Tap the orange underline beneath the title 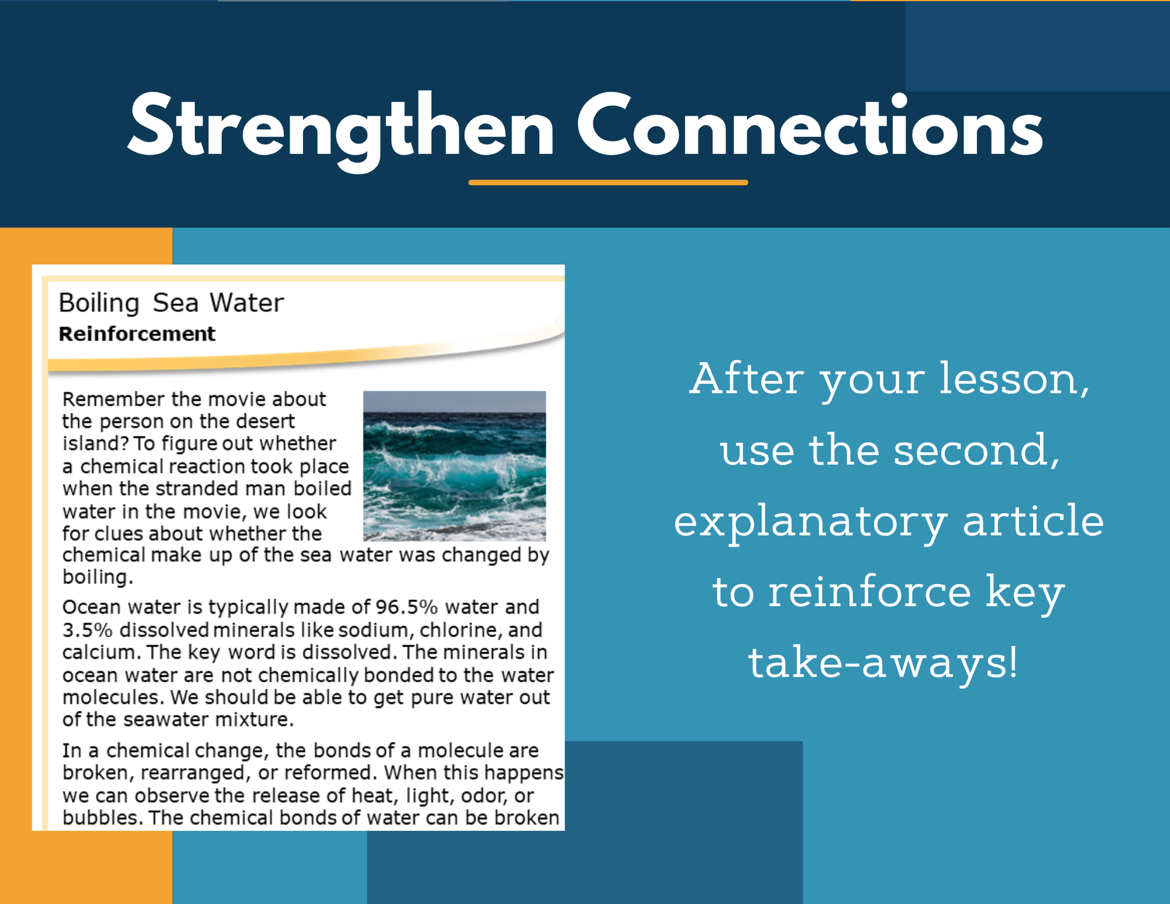[608, 182]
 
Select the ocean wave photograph [455, 466]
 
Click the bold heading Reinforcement [136, 334]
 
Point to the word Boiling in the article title [99, 303]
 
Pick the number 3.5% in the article [88, 630]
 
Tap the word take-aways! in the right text [883, 663]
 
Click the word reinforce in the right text [869, 591]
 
